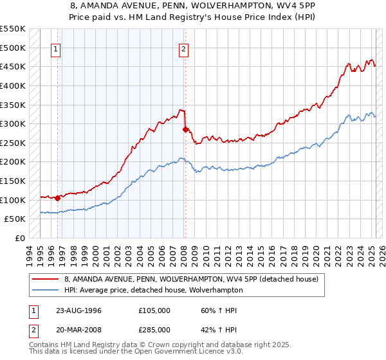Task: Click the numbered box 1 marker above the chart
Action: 57,49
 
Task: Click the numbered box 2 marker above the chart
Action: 184,49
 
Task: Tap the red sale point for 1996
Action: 58,198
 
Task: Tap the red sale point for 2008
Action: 185,129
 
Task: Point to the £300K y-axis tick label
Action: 12,123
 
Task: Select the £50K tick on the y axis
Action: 15,219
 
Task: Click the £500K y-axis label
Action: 12,48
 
